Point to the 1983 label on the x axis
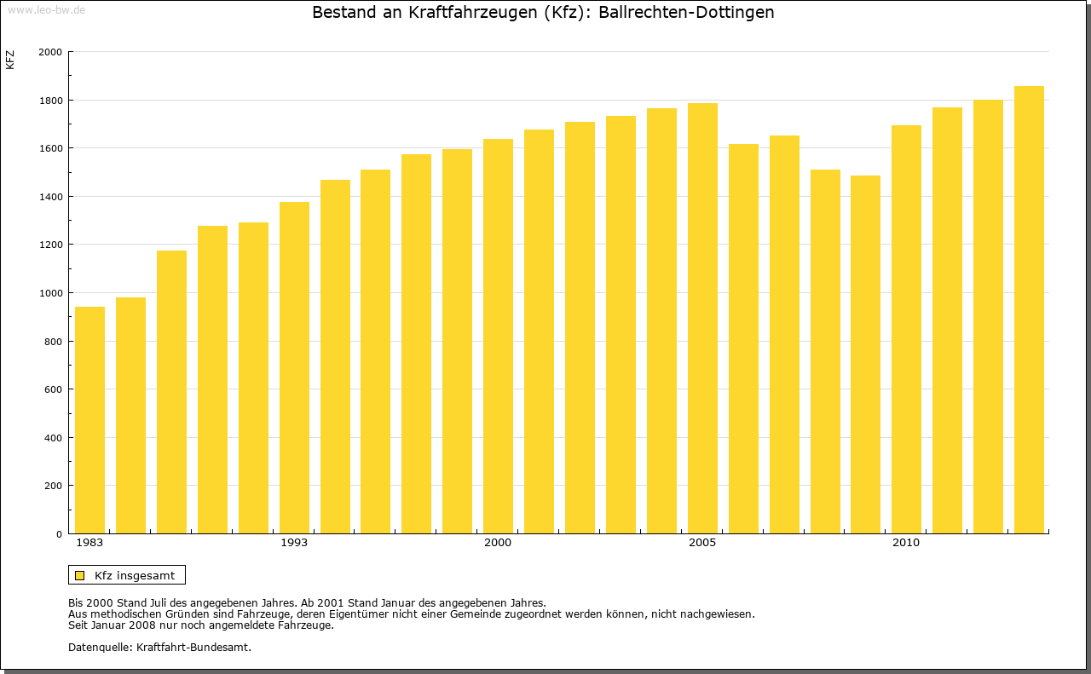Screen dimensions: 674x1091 (89, 543)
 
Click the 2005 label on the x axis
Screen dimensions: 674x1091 (702, 543)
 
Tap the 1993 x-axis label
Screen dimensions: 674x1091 (294, 543)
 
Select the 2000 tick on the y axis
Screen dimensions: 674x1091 (51, 52)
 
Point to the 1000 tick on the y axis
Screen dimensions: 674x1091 (51, 293)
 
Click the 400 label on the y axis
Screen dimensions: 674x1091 (54, 438)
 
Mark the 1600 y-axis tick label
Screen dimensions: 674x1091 (51, 148)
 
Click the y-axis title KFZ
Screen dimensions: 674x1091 (10, 60)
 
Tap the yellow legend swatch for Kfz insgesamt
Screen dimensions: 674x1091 (79, 575)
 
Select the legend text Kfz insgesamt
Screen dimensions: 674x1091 (135, 575)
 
